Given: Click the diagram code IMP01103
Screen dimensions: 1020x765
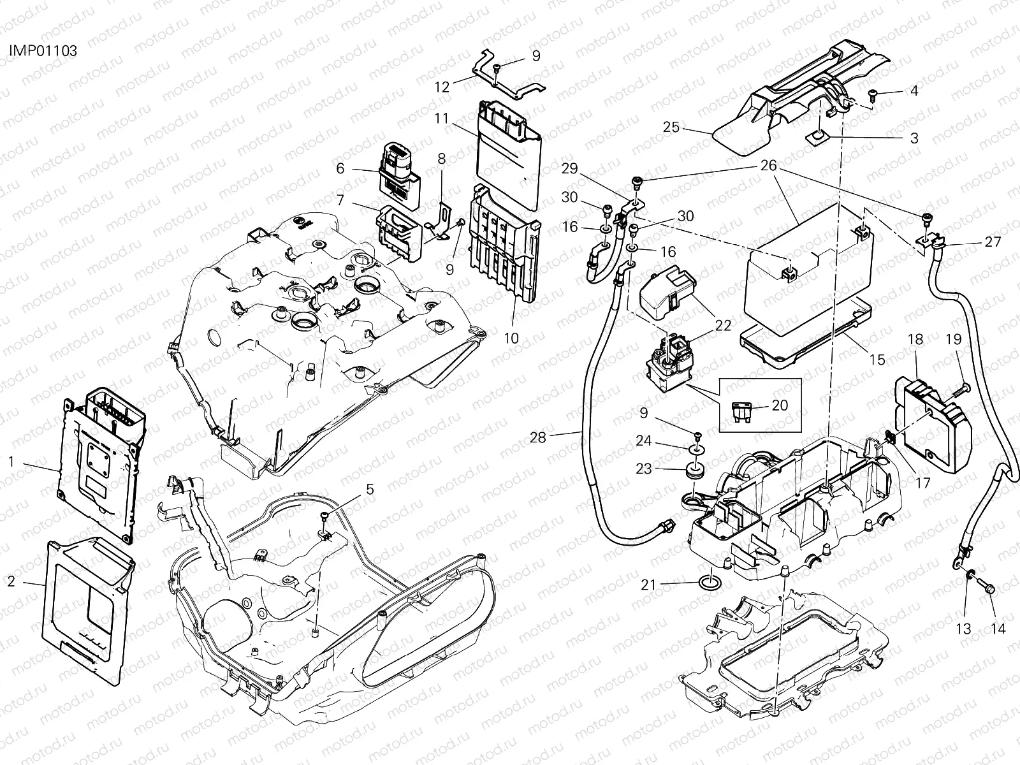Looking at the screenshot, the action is tap(43, 50).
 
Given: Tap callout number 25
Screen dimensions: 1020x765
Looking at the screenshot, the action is tap(671, 127).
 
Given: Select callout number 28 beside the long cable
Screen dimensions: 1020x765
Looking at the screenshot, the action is tap(537, 437).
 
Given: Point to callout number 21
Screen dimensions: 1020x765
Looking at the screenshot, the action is tap(648, 585).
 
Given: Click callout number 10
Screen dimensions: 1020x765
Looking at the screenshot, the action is tap(511, 338).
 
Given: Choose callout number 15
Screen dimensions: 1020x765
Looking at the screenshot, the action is tap(877, 360).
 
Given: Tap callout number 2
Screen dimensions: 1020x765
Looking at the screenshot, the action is tap(11, 581).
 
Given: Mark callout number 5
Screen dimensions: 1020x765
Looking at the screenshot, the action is tap(370, 488).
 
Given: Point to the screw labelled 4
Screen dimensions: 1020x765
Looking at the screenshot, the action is tap(873, 95).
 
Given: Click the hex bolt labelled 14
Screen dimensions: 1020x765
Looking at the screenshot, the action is tap(986, 586).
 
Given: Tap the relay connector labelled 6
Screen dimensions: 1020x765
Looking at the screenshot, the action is tap(400, 175).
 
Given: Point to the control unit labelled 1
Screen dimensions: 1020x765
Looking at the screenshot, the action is tap(102, 465).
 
